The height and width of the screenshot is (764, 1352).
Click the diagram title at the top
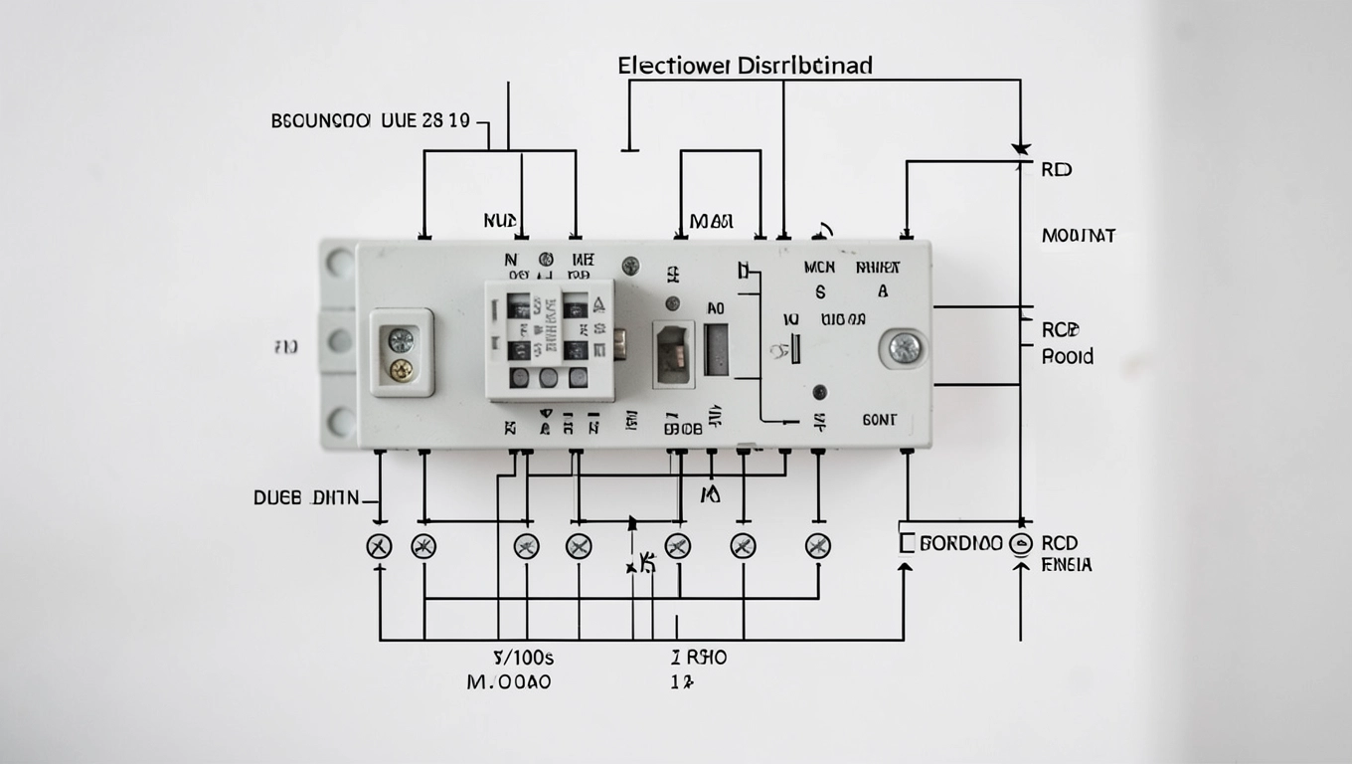pos(745,67)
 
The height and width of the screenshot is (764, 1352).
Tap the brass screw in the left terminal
pos(401,370)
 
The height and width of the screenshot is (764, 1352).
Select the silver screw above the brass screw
pos(401,340)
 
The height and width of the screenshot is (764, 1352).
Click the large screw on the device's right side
pos(905,347)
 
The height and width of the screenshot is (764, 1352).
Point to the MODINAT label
pos(1078,236)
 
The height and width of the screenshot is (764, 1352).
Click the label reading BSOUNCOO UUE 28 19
pos(370,122)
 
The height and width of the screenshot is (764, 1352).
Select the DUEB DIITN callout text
pos(305,498)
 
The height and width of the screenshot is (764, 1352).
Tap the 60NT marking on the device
pos(879,421)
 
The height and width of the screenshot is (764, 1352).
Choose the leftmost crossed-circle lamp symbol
pos(379,545)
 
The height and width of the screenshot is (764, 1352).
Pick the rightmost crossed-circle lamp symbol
pos(817,545)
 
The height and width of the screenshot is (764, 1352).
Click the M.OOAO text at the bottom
pos(508,682)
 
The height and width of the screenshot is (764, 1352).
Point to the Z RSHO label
pos(698,658)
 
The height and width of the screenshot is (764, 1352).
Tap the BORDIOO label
pos(960,544)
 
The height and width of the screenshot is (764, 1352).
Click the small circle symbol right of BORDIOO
pos(1020,544)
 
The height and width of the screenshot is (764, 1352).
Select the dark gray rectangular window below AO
pos(716,350)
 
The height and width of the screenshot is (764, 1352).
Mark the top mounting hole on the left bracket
pos(340,263)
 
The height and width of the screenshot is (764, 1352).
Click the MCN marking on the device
pos(819,268)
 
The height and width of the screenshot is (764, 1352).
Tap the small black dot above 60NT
pos(819,391)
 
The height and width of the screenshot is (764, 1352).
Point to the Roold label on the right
pos(1067,356)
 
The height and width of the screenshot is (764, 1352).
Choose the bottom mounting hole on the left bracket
pos(340,422)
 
